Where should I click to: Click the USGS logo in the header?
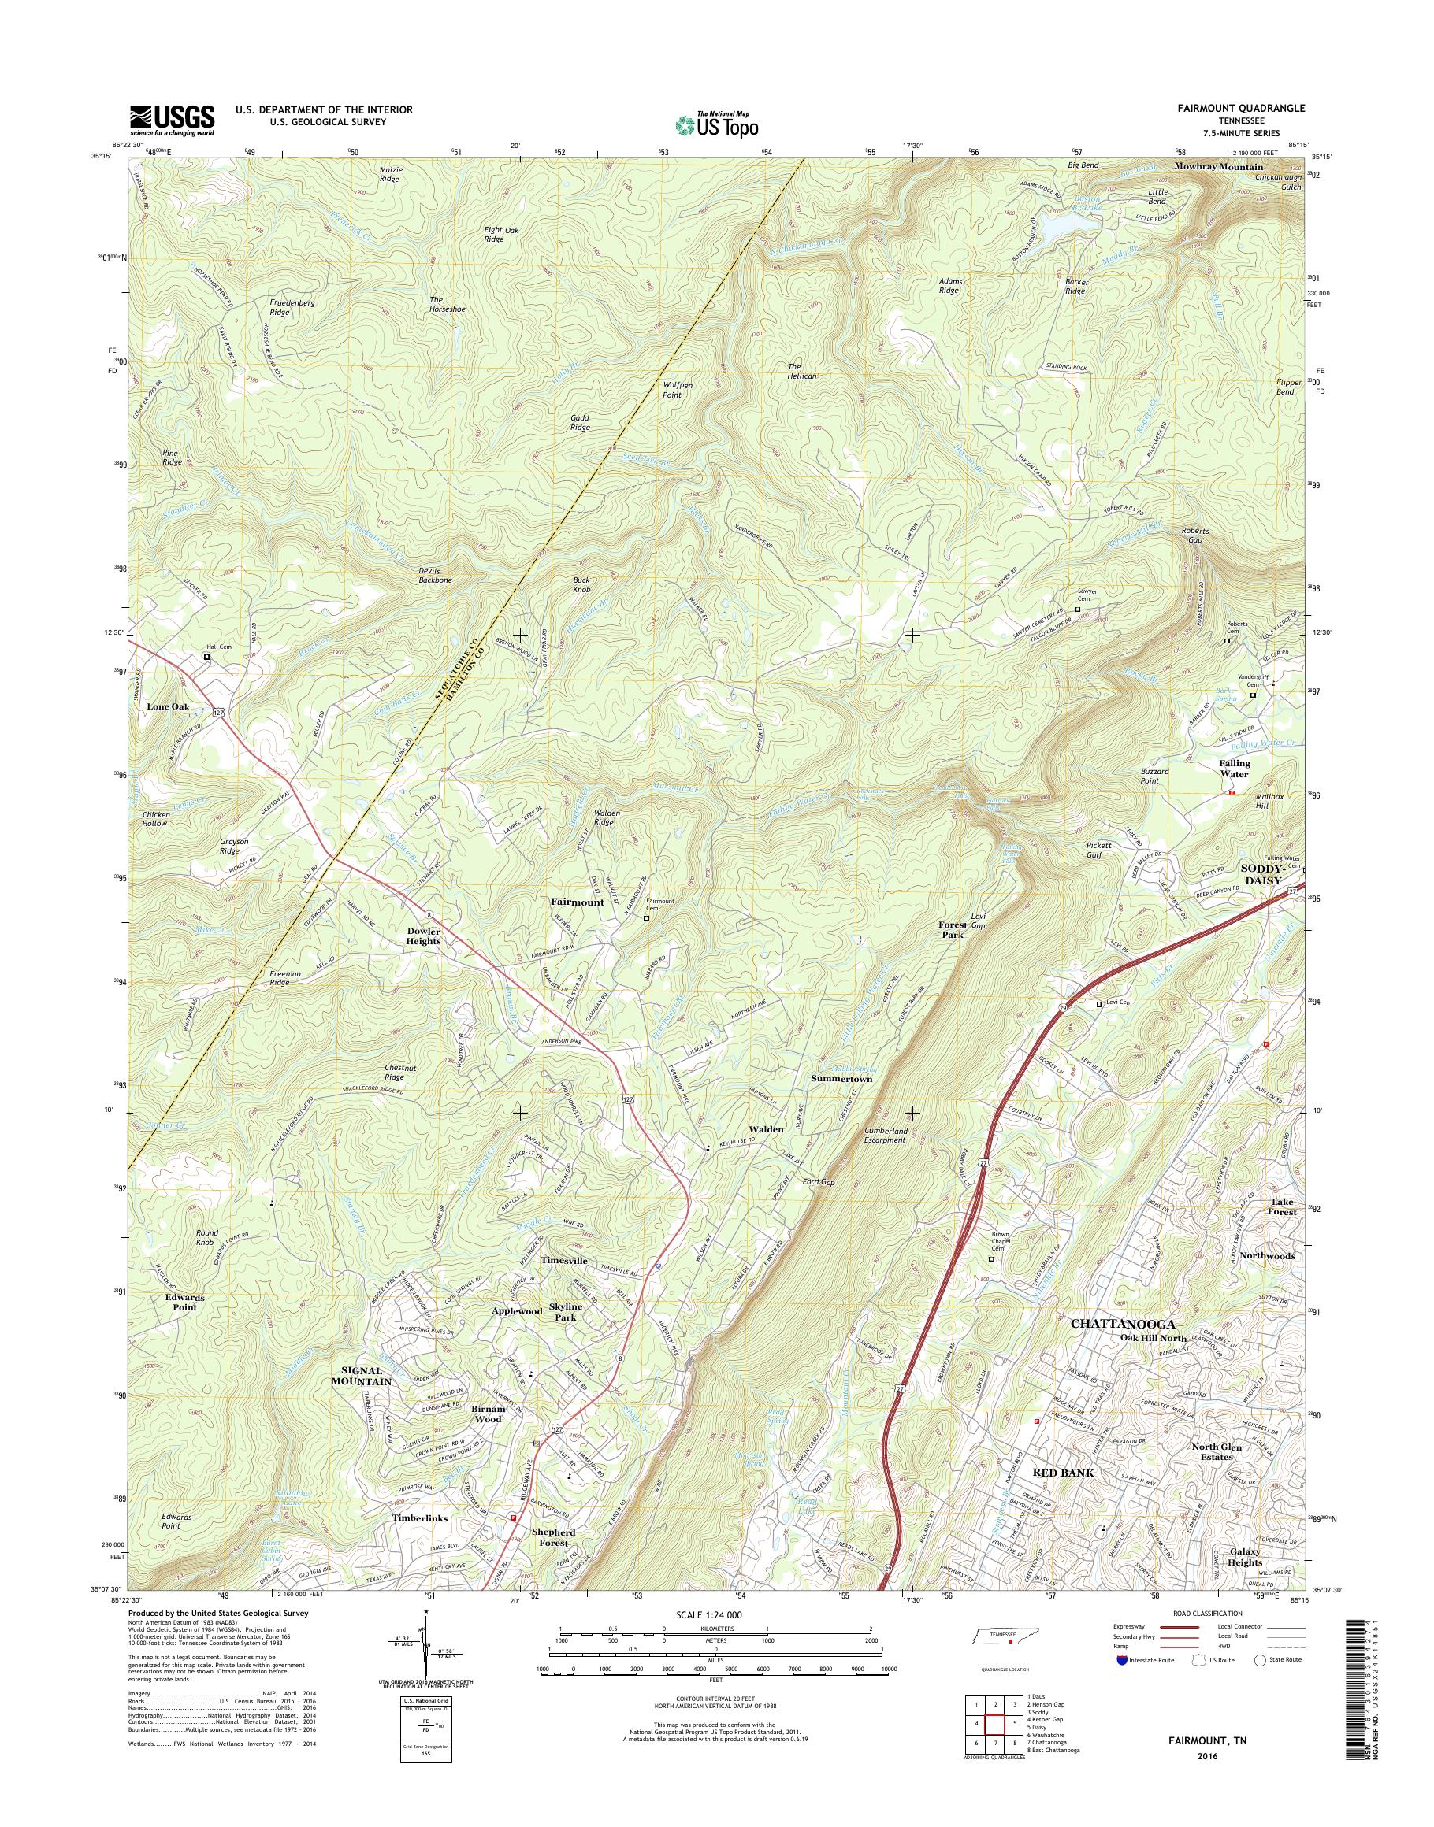click(171, 120)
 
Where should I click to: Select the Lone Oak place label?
click(168, 706)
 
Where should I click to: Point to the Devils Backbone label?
click(435, 575)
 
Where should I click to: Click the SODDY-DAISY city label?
click(1263, 876)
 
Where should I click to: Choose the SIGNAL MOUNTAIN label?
click(360, 1376)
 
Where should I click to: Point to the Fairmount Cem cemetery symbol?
click(645, 919)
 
